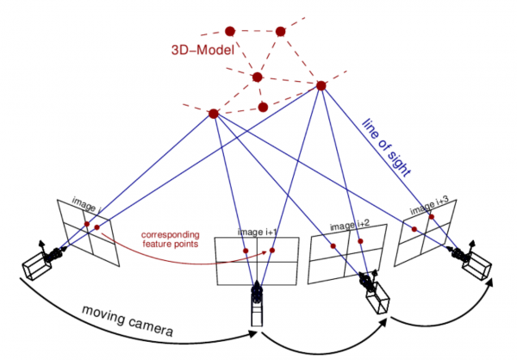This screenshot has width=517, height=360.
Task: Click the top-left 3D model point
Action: pyautogui.click(x=229, y=30)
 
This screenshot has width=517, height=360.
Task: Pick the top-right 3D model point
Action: pyautogui.click(x=280, y=32)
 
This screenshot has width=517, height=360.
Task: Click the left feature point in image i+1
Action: pyautogui.click(x=245, y=251)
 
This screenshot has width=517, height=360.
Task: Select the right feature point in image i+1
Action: pyautogui.click(x=272, y=251)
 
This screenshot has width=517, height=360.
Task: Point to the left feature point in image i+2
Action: pyautogui.click(x=332, y=242)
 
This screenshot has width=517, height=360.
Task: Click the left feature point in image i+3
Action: pyautogui.click(x=414, y=228)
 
